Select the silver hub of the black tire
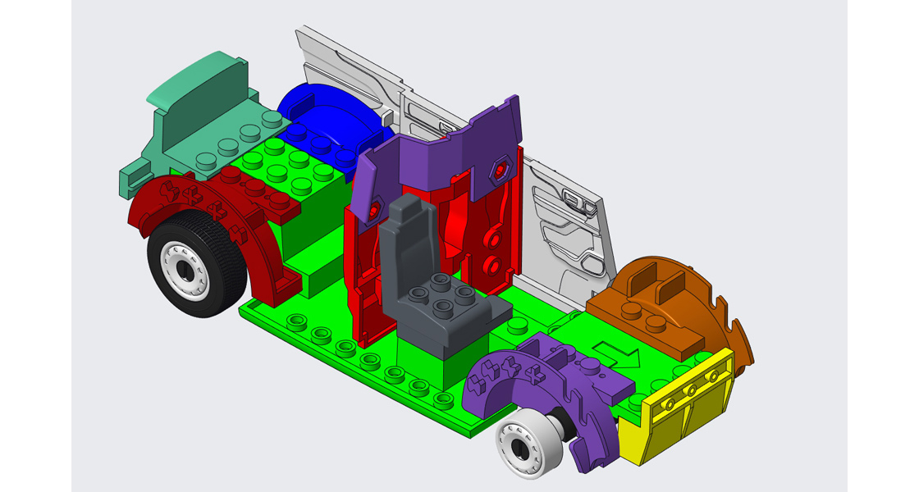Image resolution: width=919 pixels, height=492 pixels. pos(185,270)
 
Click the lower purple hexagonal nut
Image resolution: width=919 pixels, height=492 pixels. pos(375,210)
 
